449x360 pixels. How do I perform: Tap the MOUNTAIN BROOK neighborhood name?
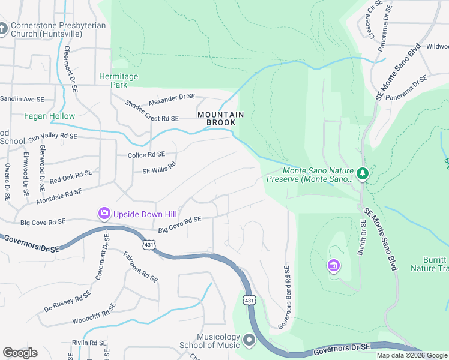click(x=221, y=118)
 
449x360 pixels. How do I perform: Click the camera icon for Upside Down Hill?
click(x=104, y=213)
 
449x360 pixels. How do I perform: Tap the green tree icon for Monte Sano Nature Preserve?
click(x=362, y=174)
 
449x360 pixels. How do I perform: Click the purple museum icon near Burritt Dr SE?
click(x=333, y=265)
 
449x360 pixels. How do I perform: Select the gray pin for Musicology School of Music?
click(x=250, y=341)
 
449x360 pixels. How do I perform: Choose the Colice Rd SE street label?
click(x=146, y=155)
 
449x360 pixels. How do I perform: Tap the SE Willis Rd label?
click(x=159, y=167)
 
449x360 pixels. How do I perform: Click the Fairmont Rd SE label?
click(x=140, y=267)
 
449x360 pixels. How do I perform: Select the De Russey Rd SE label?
click(x=67, y=302)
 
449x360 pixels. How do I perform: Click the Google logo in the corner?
click(x=20, y=353)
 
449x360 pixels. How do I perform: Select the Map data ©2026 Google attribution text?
click(x=412, y=355)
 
